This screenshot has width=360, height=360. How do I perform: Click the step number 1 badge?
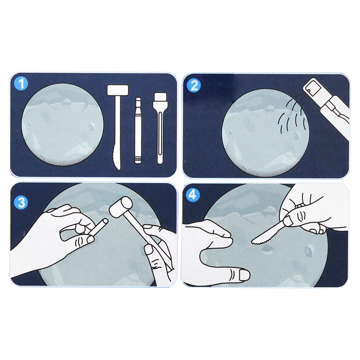tap(21, 83)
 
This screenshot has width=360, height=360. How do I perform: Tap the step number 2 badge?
tap(194, 85)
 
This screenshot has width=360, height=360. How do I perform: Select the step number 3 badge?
tap(22, 203)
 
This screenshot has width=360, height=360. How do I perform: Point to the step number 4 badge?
tap(192, 195)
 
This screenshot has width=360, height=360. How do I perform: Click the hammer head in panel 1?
tap(118, 90)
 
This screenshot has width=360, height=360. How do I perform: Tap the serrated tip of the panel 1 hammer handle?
tap(117, 159)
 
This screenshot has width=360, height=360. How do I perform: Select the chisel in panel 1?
tap(138, 131)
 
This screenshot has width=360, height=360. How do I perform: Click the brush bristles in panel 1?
tap(160, 97)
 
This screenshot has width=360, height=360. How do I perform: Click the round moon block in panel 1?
tap(62, 124)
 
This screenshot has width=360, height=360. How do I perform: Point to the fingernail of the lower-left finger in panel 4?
tap(244, 275)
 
